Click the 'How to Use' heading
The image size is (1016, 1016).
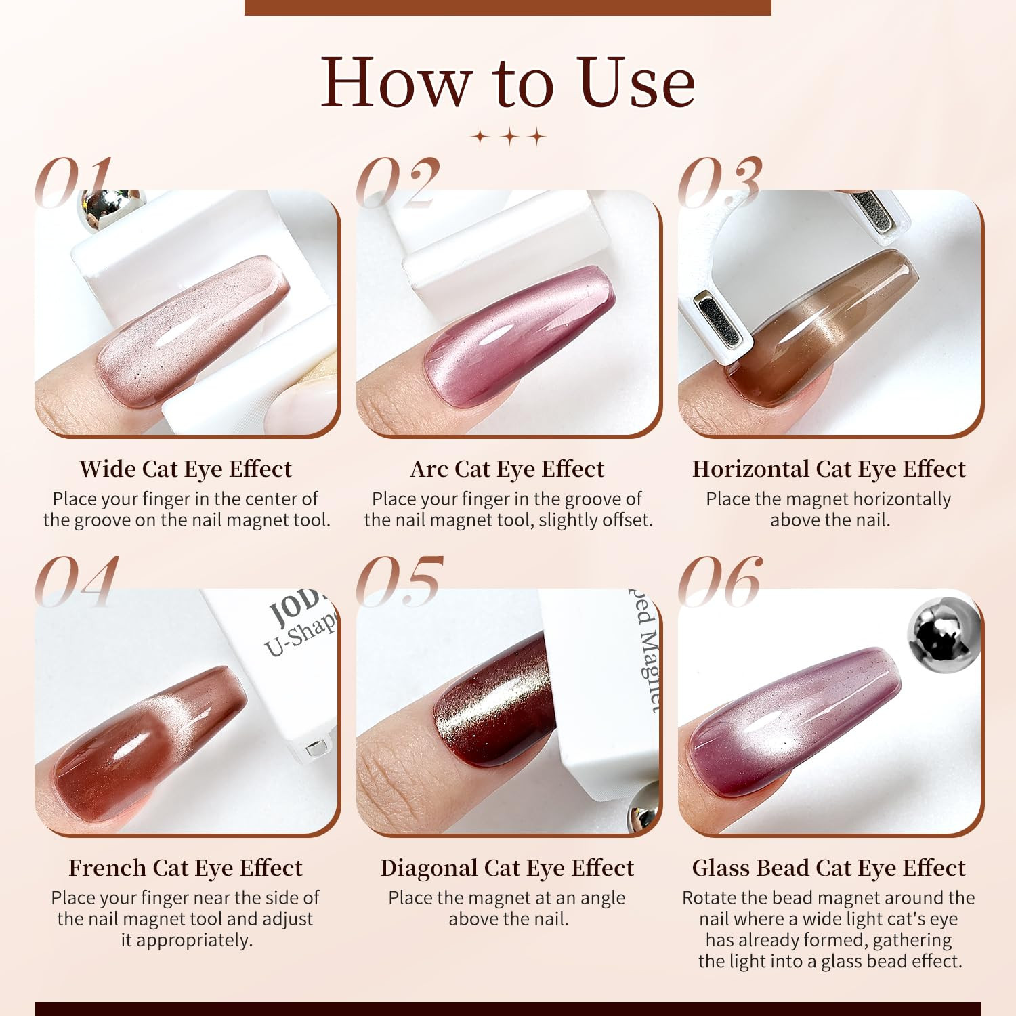508,83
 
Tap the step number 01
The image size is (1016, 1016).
73,182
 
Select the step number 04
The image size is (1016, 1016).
77,580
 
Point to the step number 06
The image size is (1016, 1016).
720,580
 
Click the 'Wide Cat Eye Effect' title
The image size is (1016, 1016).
186,469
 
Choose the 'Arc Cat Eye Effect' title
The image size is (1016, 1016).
507,469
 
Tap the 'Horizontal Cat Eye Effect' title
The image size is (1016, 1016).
829,469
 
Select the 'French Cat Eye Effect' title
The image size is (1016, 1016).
186,868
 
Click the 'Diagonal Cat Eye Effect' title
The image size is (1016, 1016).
507,868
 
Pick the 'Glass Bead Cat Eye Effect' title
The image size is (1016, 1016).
829,868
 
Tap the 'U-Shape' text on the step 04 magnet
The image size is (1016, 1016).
301,636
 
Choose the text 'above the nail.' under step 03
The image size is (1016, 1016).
830,520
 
